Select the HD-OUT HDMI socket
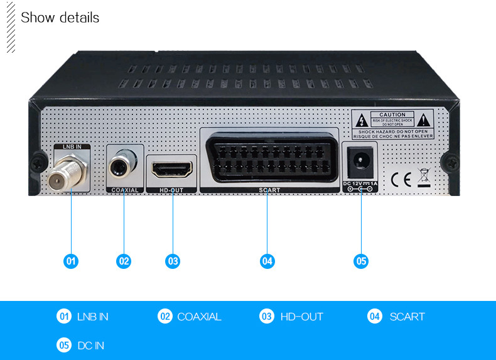[x=171, y=170]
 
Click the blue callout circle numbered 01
[x=72, y=261]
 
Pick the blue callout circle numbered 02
[x=124, y=261]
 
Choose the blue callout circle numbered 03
[x=173, y=261]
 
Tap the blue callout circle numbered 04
[x=268, y=261]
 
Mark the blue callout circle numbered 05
[x=361, y=261]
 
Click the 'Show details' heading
[x=60, y=18]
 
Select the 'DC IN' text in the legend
[x=90, y=346]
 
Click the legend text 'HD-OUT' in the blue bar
[x=301, y=317]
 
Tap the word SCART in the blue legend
[x=407, y=317]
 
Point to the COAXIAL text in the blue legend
[x=199, y=317]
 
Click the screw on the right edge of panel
[x=450, y=161]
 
